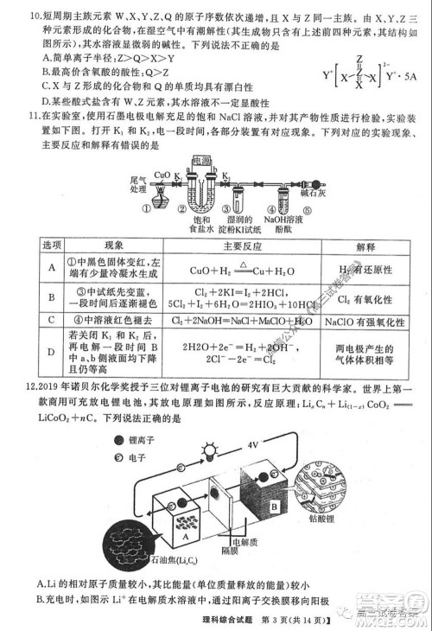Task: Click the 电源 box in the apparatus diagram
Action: click(x=201, y=162)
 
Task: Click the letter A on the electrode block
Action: click(x=186, y=537)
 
